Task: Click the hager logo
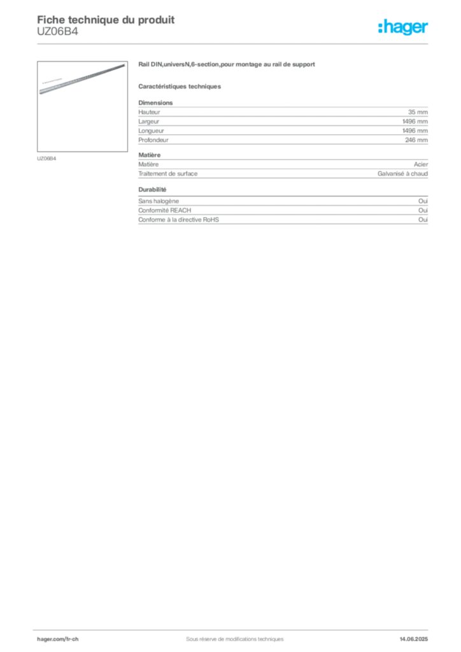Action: [x=403, y=27]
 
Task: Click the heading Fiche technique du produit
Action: [x=106, y=20]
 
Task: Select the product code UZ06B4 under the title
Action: [x=57, y=32]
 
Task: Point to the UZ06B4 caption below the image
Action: [x=46, y=159]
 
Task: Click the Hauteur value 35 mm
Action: [x=418, y=112]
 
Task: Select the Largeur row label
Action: [x=149, y=122]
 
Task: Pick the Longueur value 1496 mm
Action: [x=415, y=131]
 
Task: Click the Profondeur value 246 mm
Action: [x=416, y=140]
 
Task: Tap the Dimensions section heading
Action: [x=155, y=103]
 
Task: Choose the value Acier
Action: [x=421, y=164]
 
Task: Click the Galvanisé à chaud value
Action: [x=402, y=174]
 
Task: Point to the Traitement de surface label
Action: [x=168, y=174]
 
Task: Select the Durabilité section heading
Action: [x=152, y=190]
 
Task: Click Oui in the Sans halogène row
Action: [x=423, y=201]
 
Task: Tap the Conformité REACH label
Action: [x=165, y=210]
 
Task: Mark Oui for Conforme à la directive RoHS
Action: [x=423, y=220]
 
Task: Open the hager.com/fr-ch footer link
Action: [x=58, y=639]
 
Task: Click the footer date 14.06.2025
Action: [x=414, y=639]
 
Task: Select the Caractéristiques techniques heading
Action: [x=180, y=87]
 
